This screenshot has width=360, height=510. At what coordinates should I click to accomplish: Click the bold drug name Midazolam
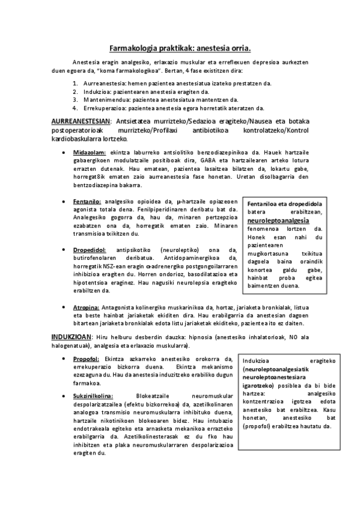(x=90, y=153)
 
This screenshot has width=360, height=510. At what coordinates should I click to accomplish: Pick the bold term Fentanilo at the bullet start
(x=88, y=201)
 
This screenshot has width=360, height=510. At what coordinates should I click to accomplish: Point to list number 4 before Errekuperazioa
(x=75, y=109)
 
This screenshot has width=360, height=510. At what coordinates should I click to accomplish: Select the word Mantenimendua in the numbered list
(x=105, y=100)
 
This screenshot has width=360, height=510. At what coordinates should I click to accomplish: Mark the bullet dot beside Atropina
(x=64, y=307)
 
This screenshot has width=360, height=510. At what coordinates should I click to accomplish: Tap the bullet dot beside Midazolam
(x=64, y=153)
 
